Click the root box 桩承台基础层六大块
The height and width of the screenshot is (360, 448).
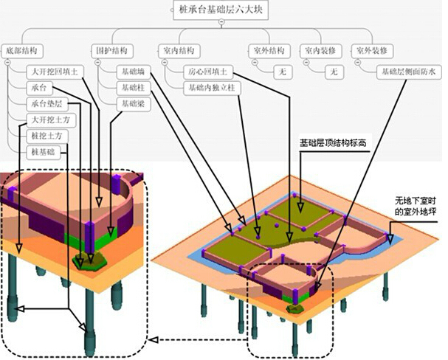pyautogui.click(x=221, y=10)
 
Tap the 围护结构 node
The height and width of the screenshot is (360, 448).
pyautogui.click(x=113, y=51)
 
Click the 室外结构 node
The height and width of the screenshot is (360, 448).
pyautogui.click(x=266, y=51)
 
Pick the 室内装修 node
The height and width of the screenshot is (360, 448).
pyautogui.click(x=320, y=51)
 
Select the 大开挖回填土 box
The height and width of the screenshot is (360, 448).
pyautogui.click(x=58, y=72)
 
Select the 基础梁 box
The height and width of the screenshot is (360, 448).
pyautogui.click(x=134, y=103)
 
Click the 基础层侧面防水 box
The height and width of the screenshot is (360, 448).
pyautogui.click(x=408, y=72)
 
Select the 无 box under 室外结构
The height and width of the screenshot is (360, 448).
pyautogui.click(x=280, y=72)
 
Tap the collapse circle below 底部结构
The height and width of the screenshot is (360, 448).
pyautogui.click(x=7, y=63)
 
